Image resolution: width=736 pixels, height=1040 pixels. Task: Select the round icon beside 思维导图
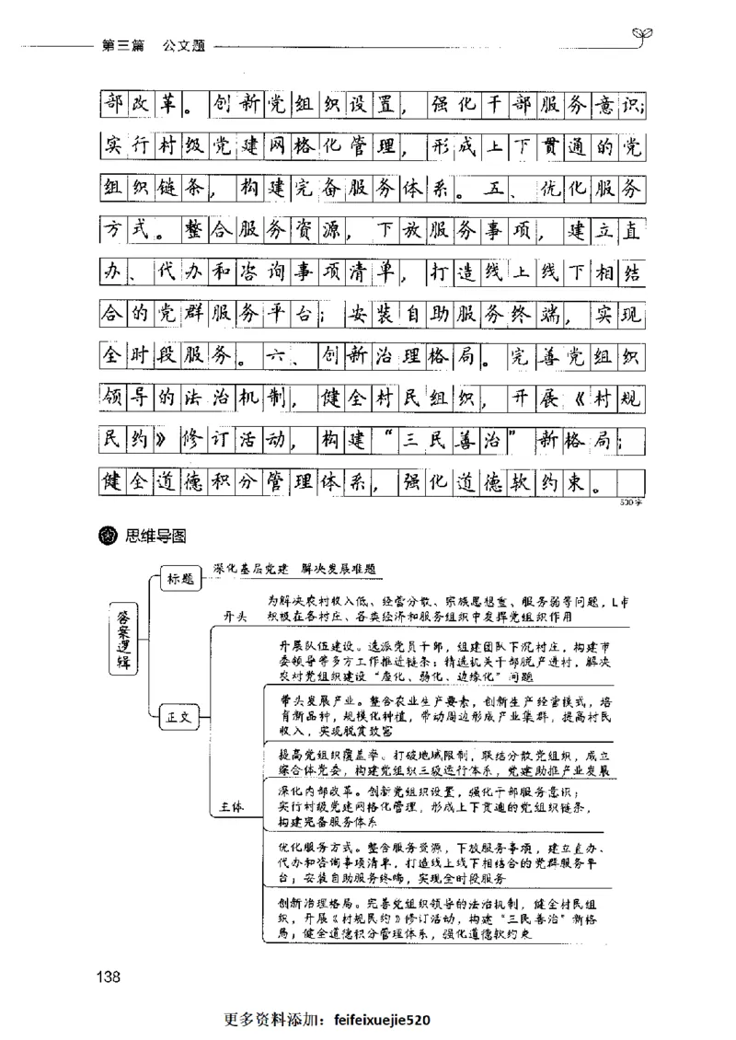click(108, 537)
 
